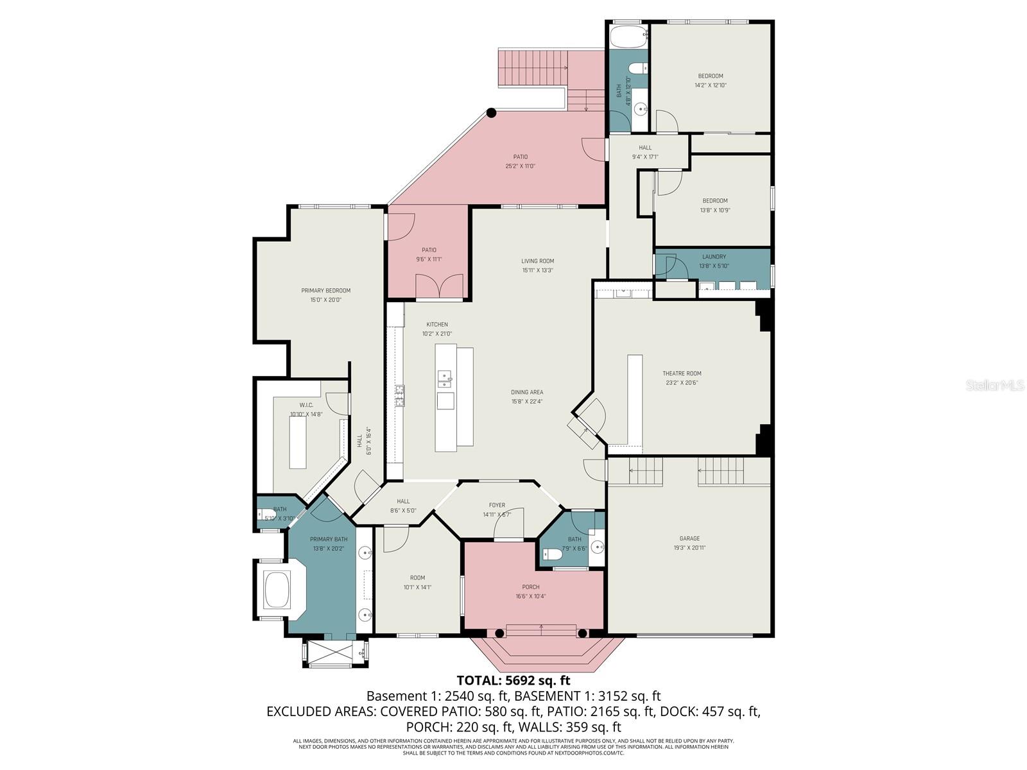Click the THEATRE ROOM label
[x=682, y=373]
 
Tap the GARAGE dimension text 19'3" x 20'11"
[x=689, y=548]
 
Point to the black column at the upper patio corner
[x=491, y=113]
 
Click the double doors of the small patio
[x=440, y=286]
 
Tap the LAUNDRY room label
[x=714, y=257]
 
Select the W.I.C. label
[x=306, y=405]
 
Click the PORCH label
[x=531, y=587]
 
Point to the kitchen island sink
[x=445, y=380]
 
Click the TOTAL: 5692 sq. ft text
[x=513, y=681]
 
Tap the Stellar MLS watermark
[x=995, y=385]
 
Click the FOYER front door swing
[x=510, y=523]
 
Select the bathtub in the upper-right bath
[x=628, y=37]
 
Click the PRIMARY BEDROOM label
[x=326, y=291]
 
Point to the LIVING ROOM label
[x=537, y=261]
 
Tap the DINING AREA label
[x=527, y=392]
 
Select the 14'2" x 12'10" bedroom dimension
[x=711, y=85]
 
